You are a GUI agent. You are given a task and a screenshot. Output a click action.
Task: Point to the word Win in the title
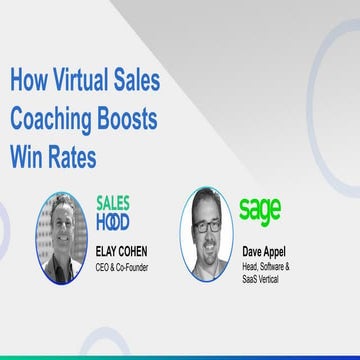29,156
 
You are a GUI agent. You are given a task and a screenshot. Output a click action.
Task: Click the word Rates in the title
77,156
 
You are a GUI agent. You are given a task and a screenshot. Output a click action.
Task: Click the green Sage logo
259,210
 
